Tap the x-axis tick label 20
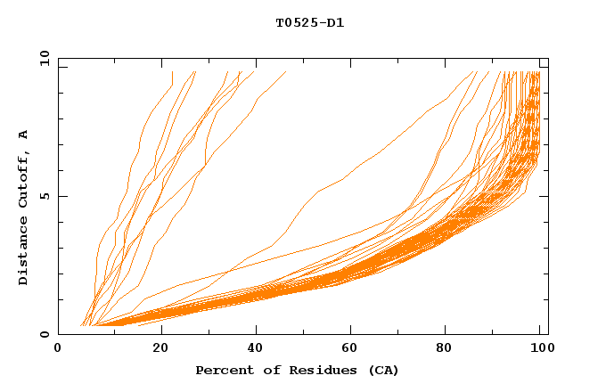(161, 349)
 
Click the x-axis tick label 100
(541, 349)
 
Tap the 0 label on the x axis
(58, 349)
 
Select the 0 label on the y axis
(45, 335)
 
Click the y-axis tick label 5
(45, 196)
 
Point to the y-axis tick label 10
(42, 58)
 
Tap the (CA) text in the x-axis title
(381, 371)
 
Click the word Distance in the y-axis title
(24, 253)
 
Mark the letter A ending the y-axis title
(24, 134)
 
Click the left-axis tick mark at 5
(61, 196)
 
